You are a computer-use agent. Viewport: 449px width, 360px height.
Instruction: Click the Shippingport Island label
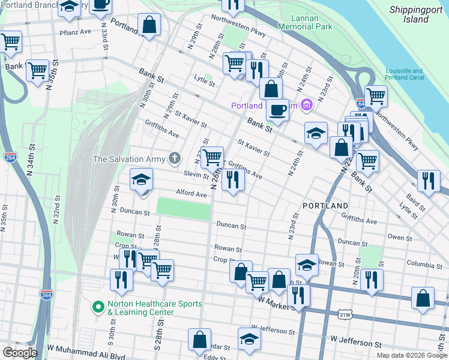[417, 14]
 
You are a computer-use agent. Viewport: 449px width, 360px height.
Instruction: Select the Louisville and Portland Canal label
[405, 74]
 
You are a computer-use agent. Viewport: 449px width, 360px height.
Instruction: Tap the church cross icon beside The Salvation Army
[175, 159]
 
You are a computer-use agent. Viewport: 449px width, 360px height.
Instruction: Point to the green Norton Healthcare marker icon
[98, 307]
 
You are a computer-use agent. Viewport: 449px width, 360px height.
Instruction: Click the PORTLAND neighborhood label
[325, 205]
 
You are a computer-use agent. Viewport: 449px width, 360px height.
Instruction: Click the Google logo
[19, 353]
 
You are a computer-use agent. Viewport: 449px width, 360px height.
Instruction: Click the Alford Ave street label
[191, 194]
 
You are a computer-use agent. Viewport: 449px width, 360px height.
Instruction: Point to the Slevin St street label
[196, 174]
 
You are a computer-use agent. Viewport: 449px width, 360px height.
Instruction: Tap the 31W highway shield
[345, 314]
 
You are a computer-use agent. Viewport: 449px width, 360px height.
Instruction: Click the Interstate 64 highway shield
[360, 103]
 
